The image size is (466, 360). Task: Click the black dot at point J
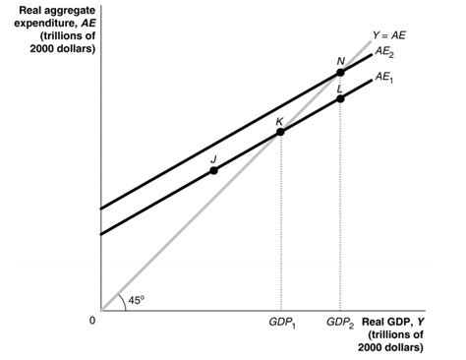point(213,170)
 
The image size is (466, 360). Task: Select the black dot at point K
point(280,132)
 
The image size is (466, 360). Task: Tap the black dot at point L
point(340,98)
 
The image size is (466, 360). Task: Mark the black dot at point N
point(340,72)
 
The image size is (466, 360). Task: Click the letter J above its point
point(213,157)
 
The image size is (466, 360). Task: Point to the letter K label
point(280,120)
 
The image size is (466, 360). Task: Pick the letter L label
point(340,88)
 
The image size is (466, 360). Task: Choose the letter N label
point(340,60)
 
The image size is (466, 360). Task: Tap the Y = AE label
point(388,35)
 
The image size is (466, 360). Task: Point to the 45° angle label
point(136,300)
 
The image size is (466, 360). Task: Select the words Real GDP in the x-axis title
point(387,321)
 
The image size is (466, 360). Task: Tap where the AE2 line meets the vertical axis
point(101,209)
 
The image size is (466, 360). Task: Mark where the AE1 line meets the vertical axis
point(101,233)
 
